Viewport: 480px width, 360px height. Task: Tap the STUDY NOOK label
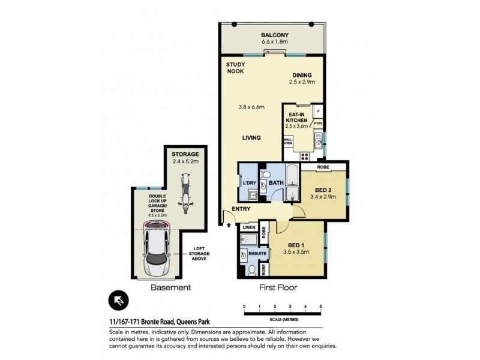point(235,68)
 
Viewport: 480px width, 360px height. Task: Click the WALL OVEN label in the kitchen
point(288,142)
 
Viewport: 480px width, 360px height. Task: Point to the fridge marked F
point(318,112)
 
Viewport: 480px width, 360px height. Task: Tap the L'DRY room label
point(249,182)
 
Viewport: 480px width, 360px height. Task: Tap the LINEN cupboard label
point(248,228)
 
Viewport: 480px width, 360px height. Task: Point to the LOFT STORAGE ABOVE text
point(196,254)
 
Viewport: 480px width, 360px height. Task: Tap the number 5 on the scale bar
point(321,307)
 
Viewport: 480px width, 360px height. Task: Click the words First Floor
point(278,287)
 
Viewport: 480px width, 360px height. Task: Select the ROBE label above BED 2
point(323,166)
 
